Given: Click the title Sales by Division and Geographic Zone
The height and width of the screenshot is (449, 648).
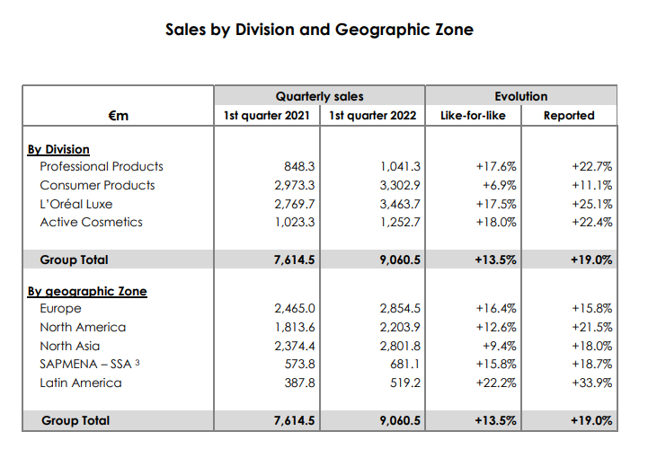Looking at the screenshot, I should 319,30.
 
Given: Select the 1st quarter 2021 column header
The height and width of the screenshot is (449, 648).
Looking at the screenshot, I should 267,116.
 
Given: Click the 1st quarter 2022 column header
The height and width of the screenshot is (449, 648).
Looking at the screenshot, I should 372,116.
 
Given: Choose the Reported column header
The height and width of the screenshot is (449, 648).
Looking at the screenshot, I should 569,116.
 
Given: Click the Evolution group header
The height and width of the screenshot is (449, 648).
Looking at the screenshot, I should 520,96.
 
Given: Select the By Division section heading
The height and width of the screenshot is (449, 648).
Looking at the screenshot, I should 58,149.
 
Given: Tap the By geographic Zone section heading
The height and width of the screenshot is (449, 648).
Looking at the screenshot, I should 87,291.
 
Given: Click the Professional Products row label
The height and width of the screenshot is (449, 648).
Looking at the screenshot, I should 102,166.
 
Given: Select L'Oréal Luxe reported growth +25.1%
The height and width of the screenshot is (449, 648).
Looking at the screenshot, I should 591,204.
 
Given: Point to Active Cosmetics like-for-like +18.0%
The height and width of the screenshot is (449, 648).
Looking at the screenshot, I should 496,222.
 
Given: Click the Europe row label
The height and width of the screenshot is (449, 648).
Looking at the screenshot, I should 60,309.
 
